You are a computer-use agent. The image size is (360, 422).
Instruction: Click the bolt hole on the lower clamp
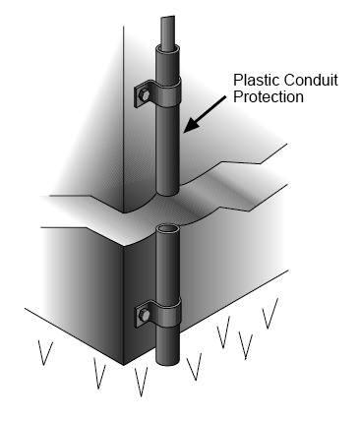click(143, 317)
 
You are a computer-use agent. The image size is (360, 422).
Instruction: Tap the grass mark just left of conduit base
click(140, 378)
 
